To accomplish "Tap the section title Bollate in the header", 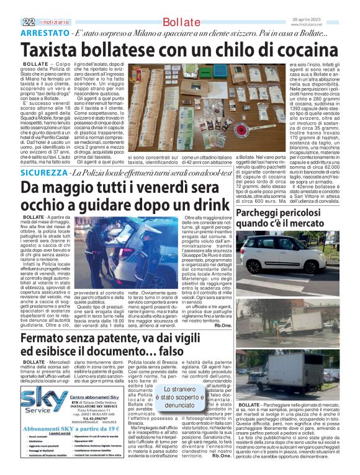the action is pos(181,22).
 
